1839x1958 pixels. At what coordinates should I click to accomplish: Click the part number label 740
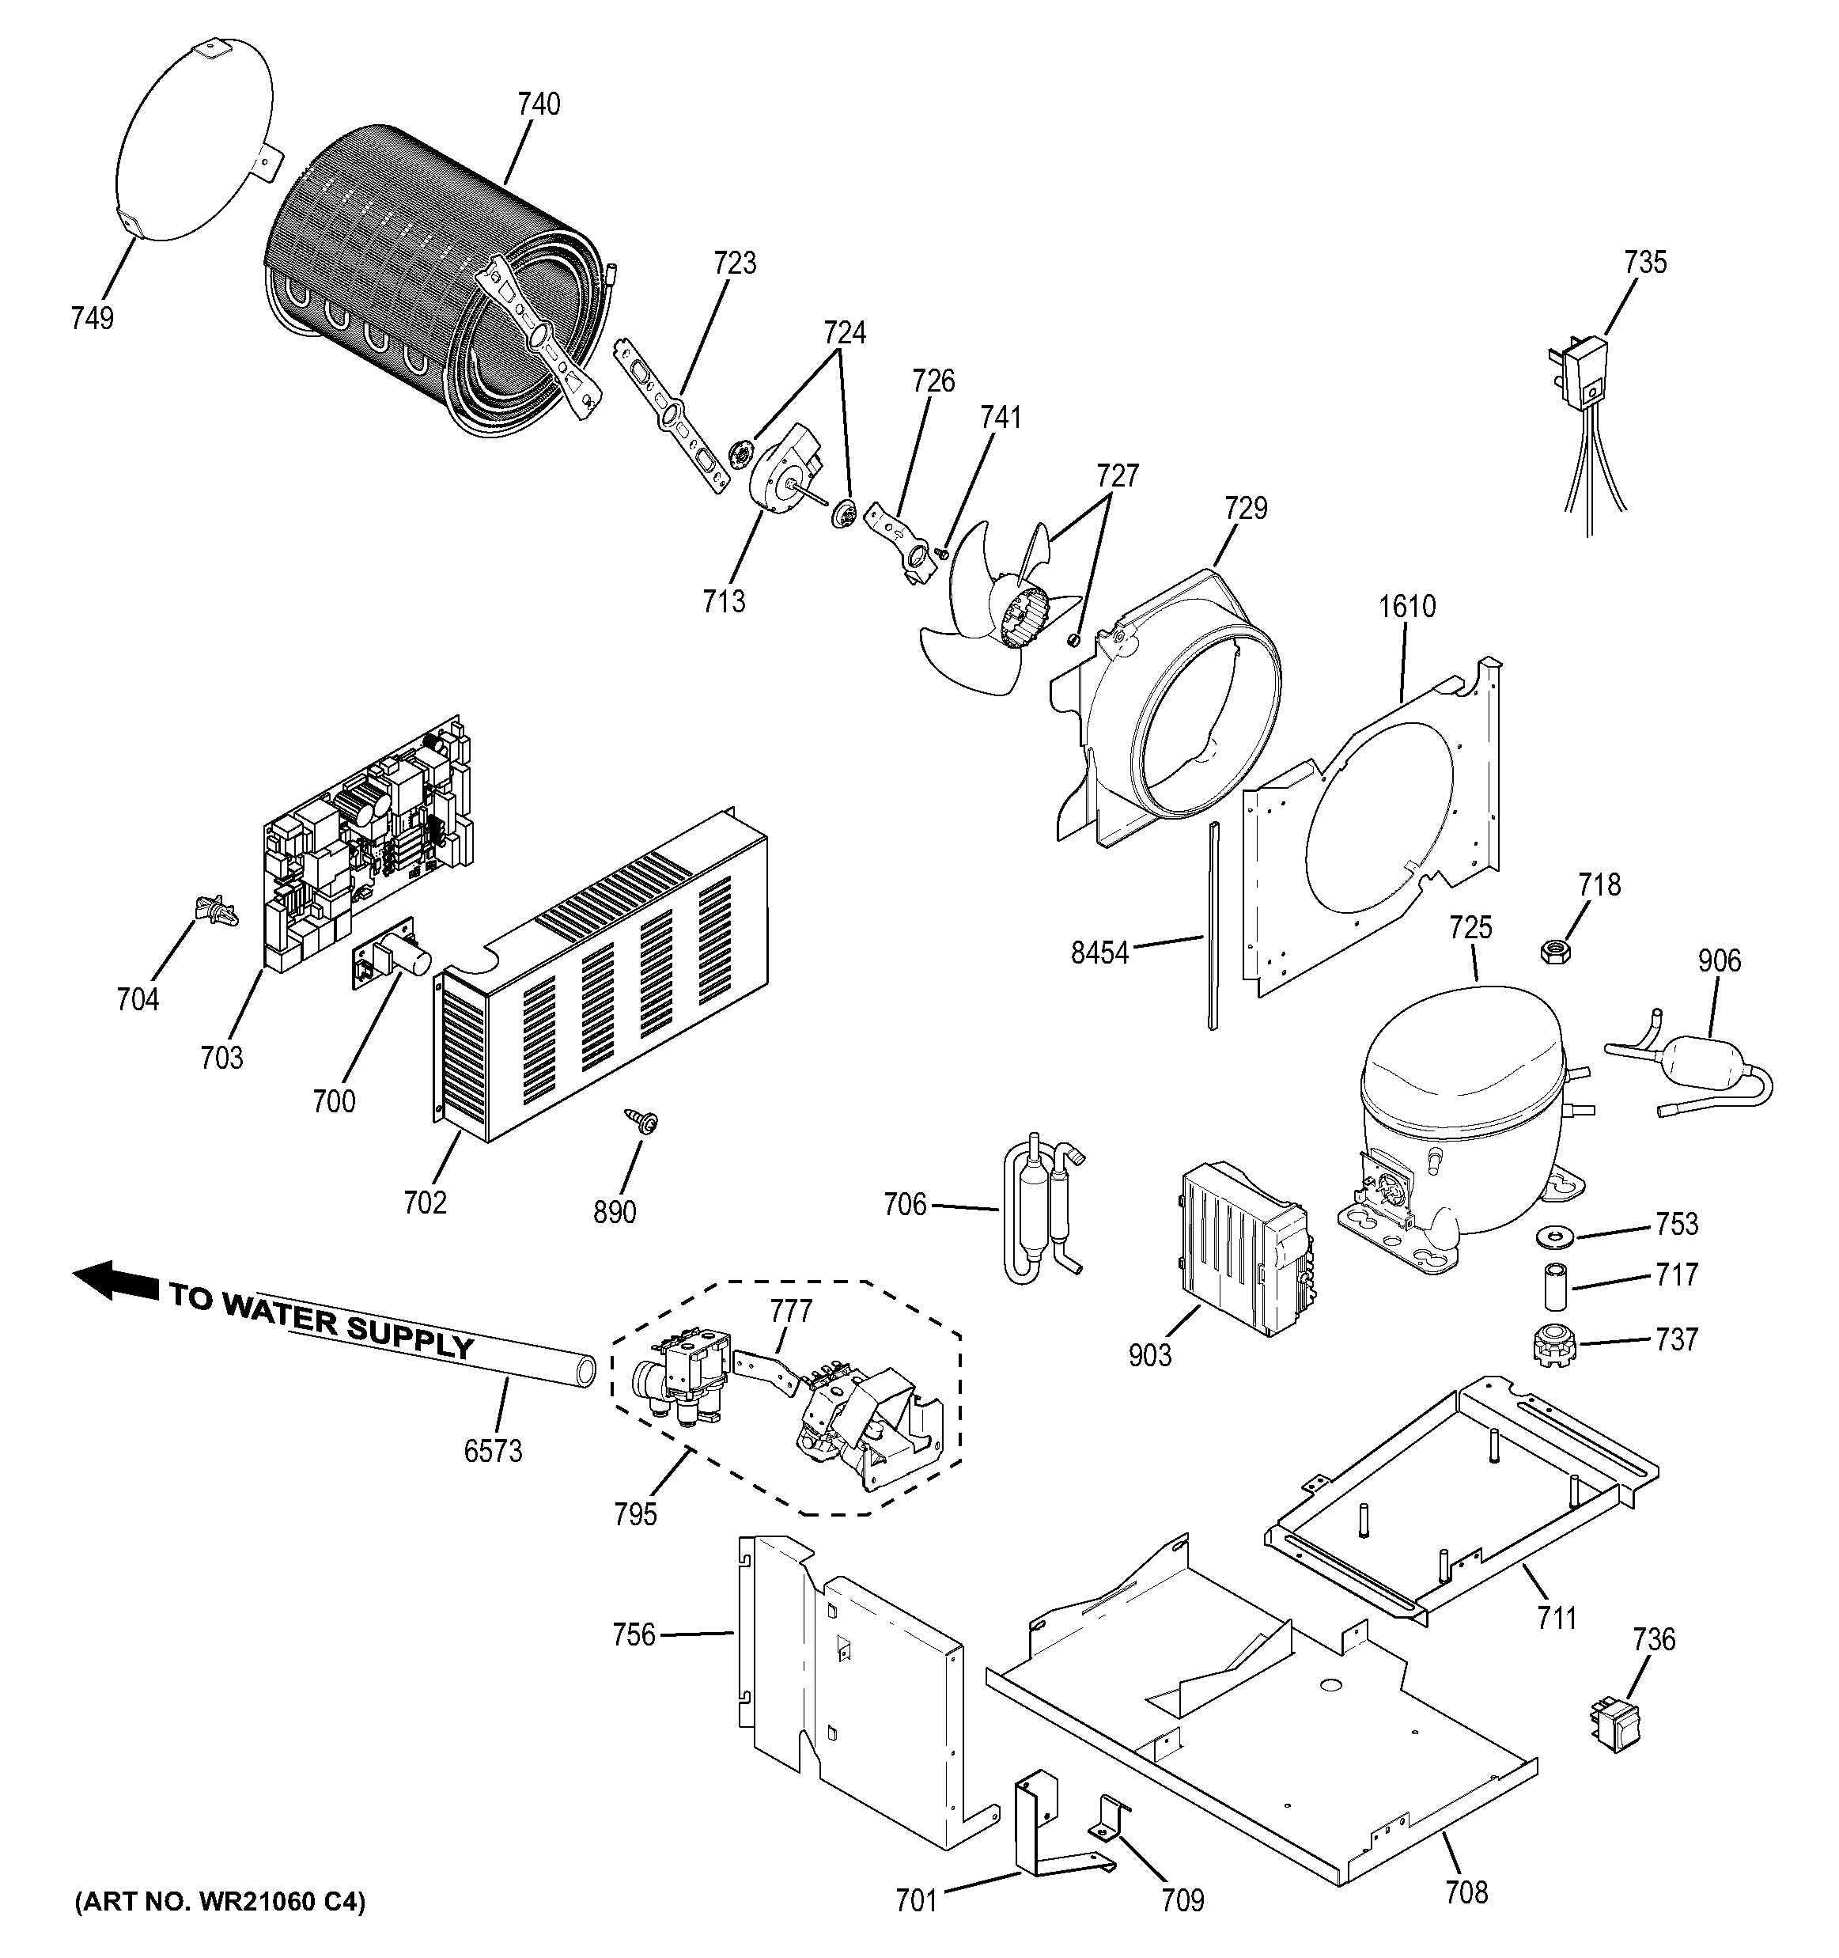point(539,104)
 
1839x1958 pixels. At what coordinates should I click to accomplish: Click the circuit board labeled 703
point(365,847)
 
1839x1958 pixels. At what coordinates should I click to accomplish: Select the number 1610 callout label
point(1407,606)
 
